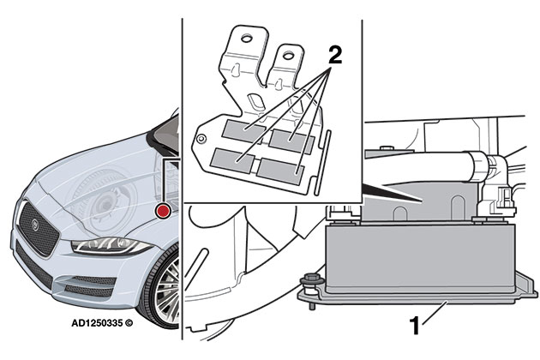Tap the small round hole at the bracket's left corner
coord(200,136)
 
